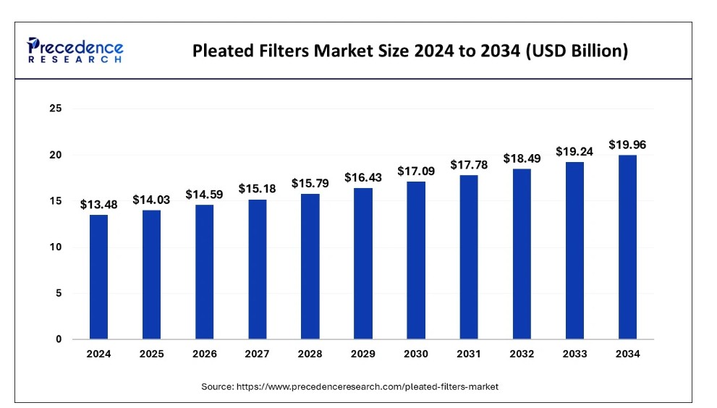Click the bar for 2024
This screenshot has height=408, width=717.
click(98, 277)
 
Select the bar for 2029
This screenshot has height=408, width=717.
click(363, 263)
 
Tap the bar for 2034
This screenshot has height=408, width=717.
click(627, 247)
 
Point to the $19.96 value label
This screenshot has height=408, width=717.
click(627, 145)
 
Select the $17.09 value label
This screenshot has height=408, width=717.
click(416, 171)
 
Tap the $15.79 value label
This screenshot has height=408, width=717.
click(310, 183)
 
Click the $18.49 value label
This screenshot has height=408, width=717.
click(522, 158)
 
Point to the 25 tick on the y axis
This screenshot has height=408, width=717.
click(56, 109)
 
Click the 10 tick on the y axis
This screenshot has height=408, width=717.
click(56, 247)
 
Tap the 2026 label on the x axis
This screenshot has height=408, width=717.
click(205, 354)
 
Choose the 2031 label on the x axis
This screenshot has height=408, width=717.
click(469, 354)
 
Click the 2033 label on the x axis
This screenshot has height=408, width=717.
click(574, 354)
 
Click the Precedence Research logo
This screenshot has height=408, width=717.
click(75, 50)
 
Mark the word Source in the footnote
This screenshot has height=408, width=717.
click(217, 387)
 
